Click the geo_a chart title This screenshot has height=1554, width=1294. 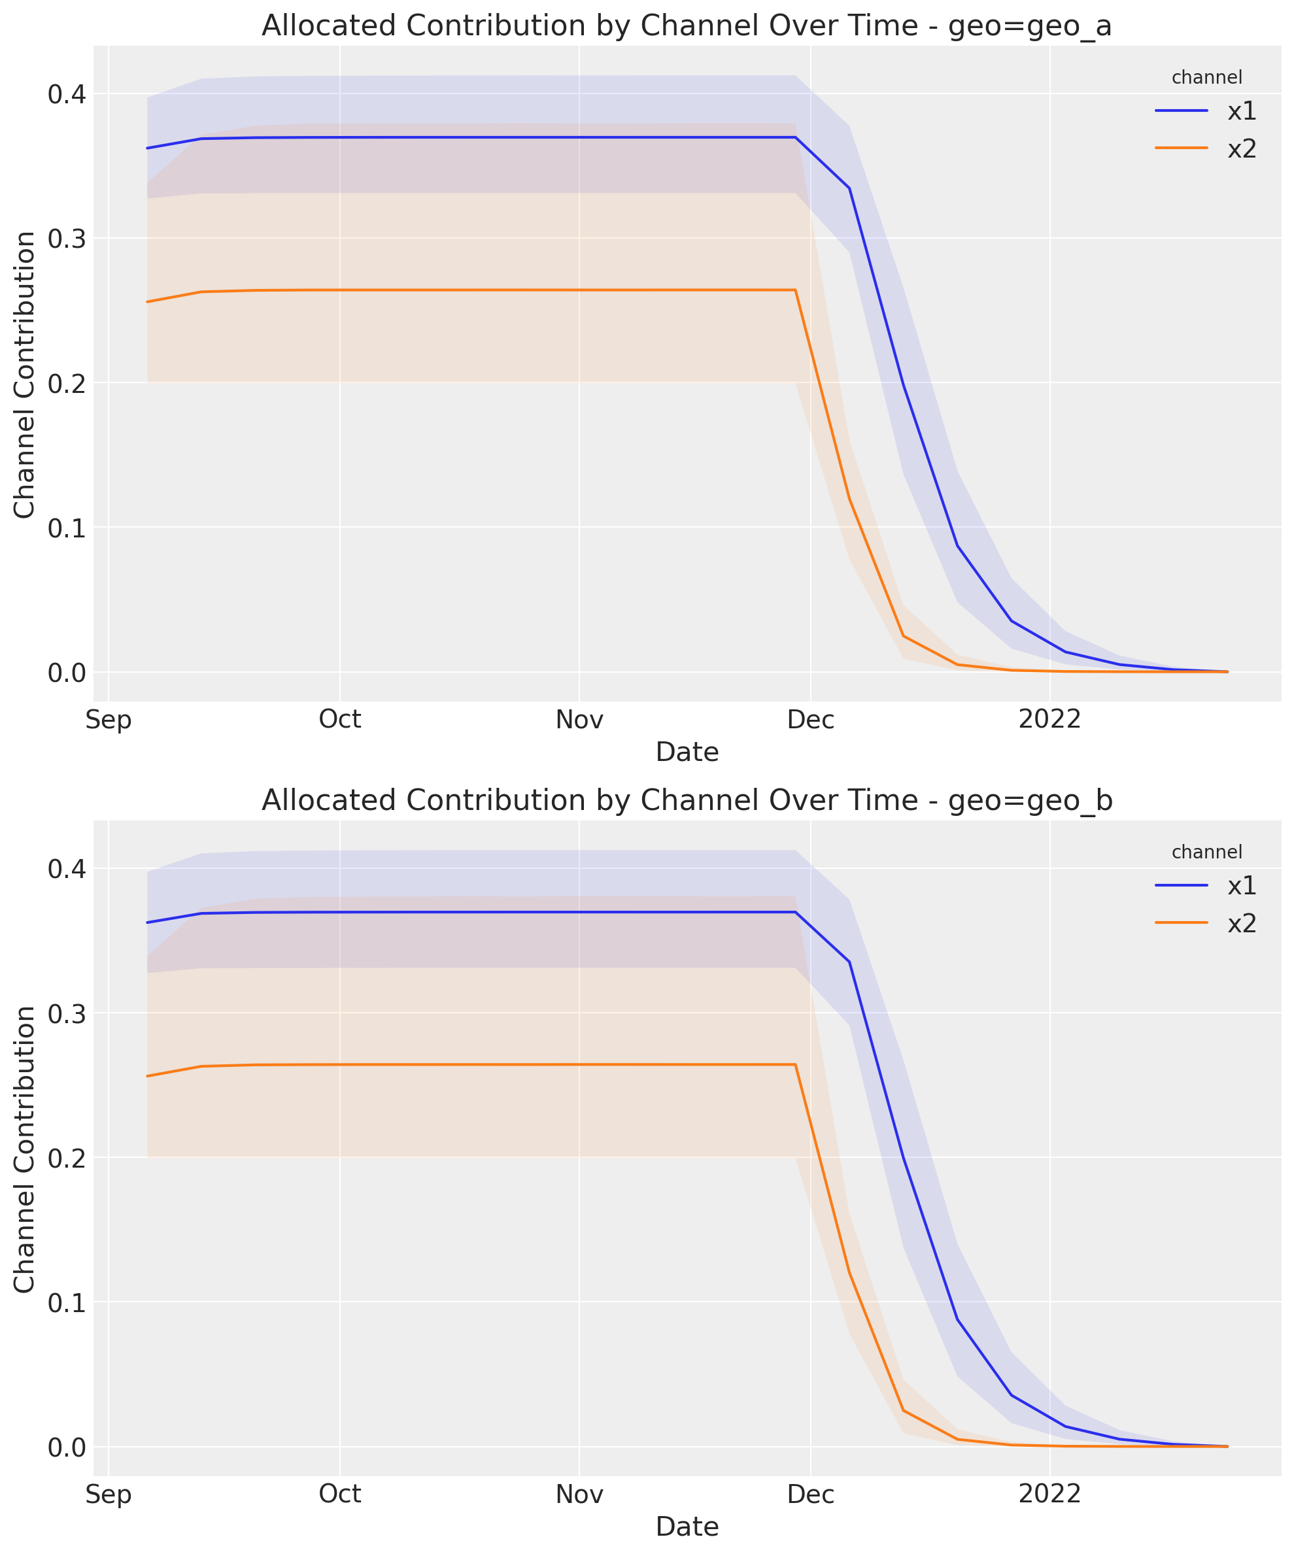(687, 26)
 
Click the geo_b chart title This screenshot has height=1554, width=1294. (687, 801)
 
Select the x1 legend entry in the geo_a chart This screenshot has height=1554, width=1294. (1242, 112)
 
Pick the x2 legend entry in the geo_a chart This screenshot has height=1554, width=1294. (1242, 150)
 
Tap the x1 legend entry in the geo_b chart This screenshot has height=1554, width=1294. (1242, 886)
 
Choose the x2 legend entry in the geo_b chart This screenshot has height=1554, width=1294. (1242, 924)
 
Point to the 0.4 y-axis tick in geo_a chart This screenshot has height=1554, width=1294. (67, 94)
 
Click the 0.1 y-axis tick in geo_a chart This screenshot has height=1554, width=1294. (67, 528)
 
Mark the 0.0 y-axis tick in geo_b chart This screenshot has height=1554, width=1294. (67, 1447)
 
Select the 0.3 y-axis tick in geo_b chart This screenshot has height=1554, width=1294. (67, 1014)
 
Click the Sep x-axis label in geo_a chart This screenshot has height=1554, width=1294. (108, 719)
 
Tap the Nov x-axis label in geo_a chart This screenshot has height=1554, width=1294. (579, 719)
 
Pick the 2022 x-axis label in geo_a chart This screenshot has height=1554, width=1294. (1049, 719)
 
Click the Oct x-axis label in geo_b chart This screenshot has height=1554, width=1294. (340, 1494)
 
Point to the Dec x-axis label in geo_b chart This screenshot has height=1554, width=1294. (811, 1494)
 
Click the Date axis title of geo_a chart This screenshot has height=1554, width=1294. (687, 752)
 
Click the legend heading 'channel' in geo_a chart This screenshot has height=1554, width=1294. (1206, 77)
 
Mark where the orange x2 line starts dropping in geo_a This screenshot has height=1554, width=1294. (795, 290)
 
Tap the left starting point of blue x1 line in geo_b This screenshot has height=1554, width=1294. (147, 922)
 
